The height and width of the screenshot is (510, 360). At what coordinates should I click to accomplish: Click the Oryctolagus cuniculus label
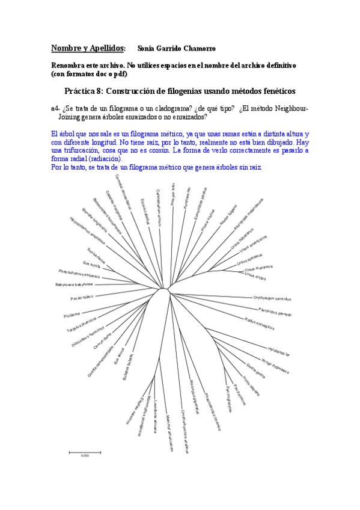tap(272, 298)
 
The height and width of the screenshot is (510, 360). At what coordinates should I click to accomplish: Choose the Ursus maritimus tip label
tap(259, 267)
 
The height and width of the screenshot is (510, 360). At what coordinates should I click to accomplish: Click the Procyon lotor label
tap(173, 195)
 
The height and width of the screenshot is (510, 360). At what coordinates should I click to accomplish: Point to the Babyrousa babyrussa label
tap(74, 284)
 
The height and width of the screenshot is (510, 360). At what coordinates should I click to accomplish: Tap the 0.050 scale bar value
tap(85, 455)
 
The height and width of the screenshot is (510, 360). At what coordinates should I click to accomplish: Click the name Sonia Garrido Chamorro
tap(176, 48)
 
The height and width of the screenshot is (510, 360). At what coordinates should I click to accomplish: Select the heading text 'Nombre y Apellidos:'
tap(88, 48)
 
